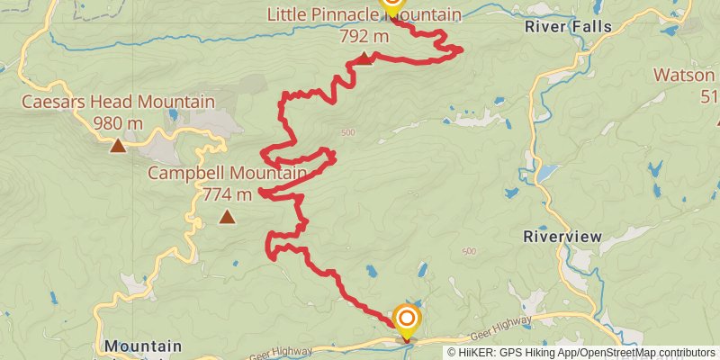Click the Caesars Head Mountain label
pos(119,102)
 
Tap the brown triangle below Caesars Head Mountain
pos(118,145)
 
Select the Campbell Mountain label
pos(228,172)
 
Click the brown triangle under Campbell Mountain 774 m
pos(228,216)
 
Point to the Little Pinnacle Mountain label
pos(364,15)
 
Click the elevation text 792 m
pos(364,37)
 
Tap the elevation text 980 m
pos(119,123)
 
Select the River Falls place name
pos(568,26)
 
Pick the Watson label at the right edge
pos(685,74)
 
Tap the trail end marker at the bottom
pos(407,319)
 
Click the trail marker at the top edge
pos(391,4)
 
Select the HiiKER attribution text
pos(582,352)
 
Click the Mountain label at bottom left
pos(142,346)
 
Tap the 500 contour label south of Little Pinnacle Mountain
pos(348,133)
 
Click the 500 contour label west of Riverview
pos(467,251)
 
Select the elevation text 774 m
pos(228,193)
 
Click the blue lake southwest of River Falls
pos(546,173)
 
